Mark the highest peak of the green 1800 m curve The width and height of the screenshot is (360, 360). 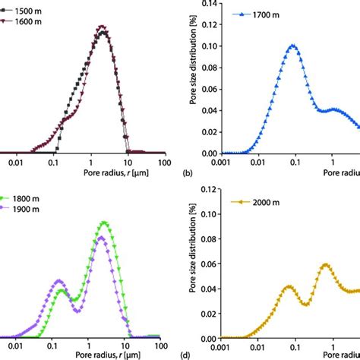(104, 223)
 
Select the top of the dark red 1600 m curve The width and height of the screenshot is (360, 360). (103, 30)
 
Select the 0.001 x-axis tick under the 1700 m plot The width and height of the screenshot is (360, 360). (221, 163)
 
